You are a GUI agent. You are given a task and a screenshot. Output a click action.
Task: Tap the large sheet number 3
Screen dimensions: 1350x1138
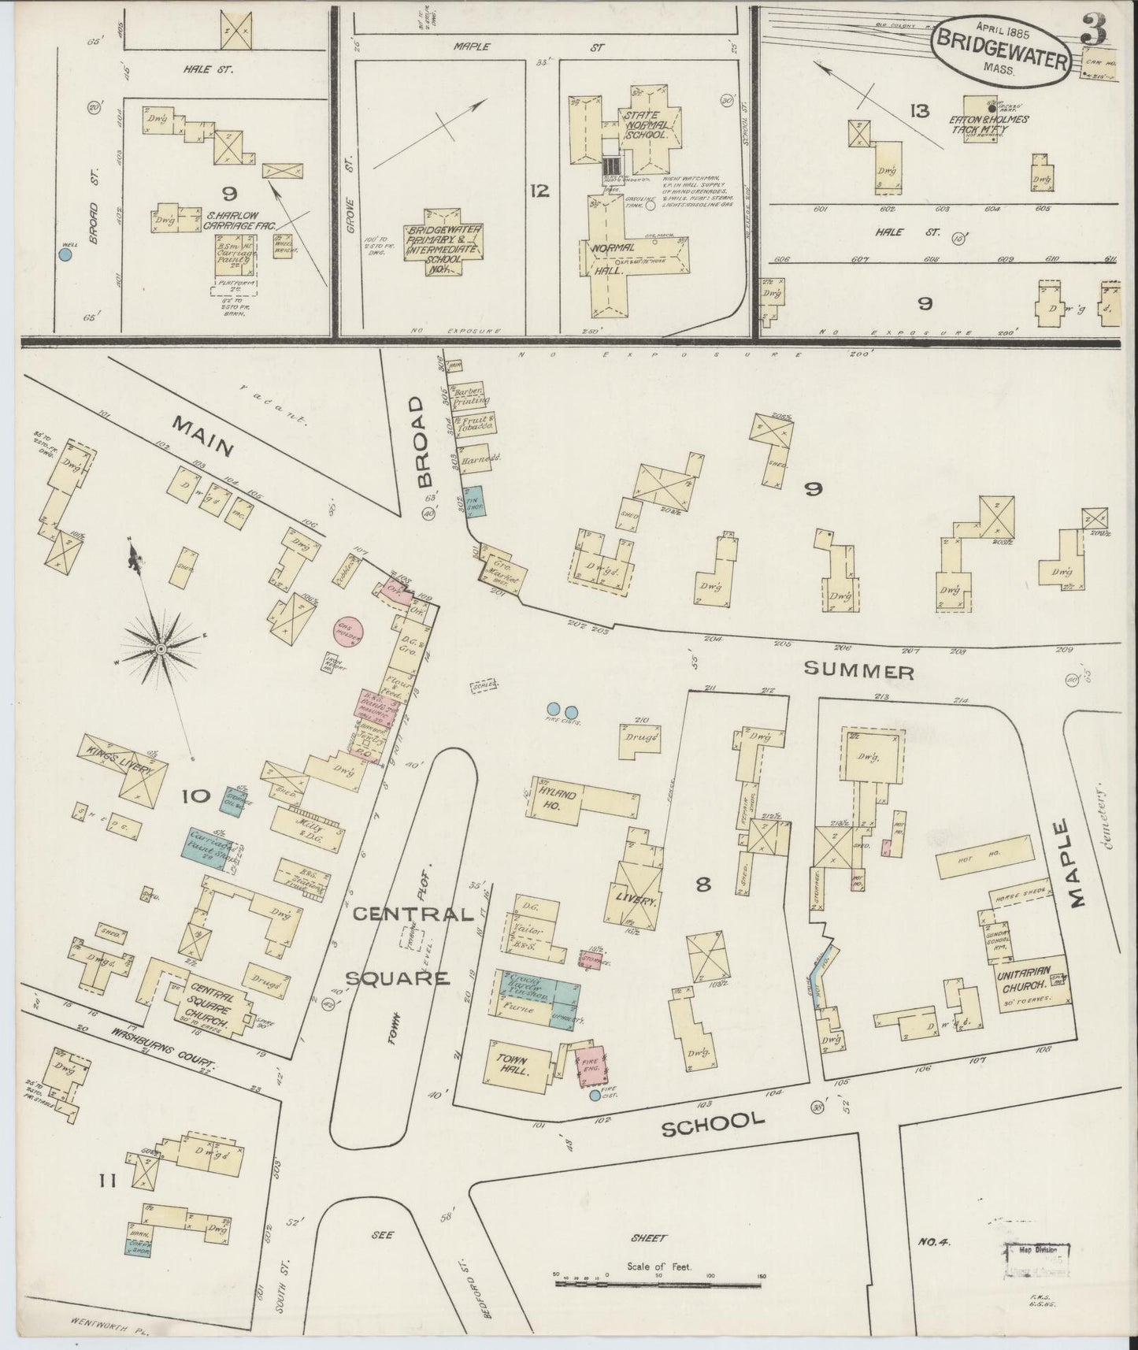pyautogui.click(x=1094, y=31)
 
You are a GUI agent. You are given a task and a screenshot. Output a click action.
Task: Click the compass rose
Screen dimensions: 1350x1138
pyautogui.click(x=160, y=647)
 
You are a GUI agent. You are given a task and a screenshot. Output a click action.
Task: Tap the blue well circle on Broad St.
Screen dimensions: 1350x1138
pyautogui.click(x=65, y=254)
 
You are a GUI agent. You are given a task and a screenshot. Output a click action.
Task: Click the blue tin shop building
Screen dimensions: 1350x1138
pyautogui.click(x=475, y=501)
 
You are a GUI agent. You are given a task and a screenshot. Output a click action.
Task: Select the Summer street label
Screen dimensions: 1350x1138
pyautogui.click(x=858, y=672)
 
